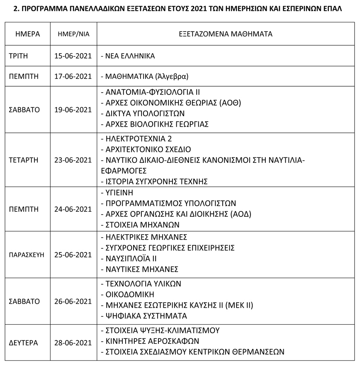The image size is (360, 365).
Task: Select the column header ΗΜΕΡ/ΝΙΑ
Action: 73,34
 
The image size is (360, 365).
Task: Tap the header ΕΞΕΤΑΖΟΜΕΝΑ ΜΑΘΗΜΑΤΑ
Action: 225,34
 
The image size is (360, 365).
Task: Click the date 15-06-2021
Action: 73,56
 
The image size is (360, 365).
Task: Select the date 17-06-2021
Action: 73,76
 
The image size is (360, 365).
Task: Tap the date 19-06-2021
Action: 73,110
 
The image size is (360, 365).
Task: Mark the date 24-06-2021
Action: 73,209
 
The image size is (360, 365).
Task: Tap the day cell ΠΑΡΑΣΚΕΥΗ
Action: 27,255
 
